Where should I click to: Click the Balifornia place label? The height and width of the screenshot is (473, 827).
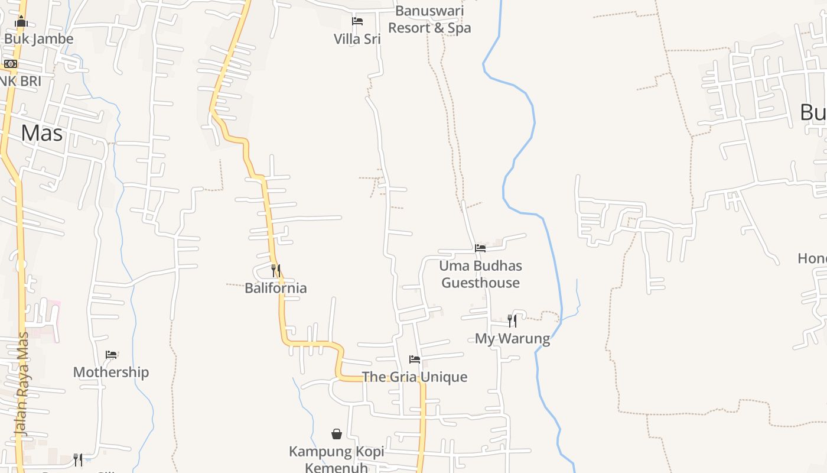(x=276, y=288)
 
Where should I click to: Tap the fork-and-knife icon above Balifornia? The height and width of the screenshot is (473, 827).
(x=276, y=271)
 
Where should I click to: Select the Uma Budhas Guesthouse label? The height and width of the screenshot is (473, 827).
(x=480, y=274)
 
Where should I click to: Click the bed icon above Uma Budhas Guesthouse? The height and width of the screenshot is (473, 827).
(x=480, y=248)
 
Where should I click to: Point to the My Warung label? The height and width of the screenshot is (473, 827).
(x=512, y=339)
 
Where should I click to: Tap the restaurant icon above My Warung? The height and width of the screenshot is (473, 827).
(x=512, y=321)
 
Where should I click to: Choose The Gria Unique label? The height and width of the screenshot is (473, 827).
(x=414, y=377)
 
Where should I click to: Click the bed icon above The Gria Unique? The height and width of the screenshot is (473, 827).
(x=415, y=359)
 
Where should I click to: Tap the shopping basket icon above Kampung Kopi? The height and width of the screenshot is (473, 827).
(x=337, y=435)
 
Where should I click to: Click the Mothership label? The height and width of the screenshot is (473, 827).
(x=110, y=372)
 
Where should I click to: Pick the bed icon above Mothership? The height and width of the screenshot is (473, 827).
(x=111, y=355)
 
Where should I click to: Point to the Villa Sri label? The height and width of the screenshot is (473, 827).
(x=357, y=39)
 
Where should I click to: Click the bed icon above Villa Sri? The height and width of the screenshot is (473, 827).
(x=357, y=21)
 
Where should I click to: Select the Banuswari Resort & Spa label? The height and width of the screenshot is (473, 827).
(x=429, y=20)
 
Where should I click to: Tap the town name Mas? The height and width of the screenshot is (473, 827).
(x=41, y=133)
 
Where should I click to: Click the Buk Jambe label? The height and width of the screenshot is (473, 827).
(x=38, y=39)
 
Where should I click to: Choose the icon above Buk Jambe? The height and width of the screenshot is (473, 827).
(x=21, y=22)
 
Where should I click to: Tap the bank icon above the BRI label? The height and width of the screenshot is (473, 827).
(x=11, y=64)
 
